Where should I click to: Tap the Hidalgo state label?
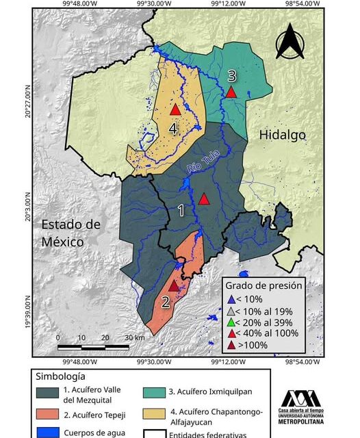point(282,136)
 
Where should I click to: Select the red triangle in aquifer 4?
point(175,109)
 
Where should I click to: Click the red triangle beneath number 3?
point(232,92)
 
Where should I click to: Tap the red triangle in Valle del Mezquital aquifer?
point(204,199)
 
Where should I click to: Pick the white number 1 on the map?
point(181,211)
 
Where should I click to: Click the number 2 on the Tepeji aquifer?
point(166,300)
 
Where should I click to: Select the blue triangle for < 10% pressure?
point(232,299)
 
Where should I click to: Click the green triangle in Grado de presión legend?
point(232,322)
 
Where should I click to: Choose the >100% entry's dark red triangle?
point(232,345)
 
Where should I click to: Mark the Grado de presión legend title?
point(264,286)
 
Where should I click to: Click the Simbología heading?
point(59,377)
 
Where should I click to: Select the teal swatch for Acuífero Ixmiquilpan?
point(157,393)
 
